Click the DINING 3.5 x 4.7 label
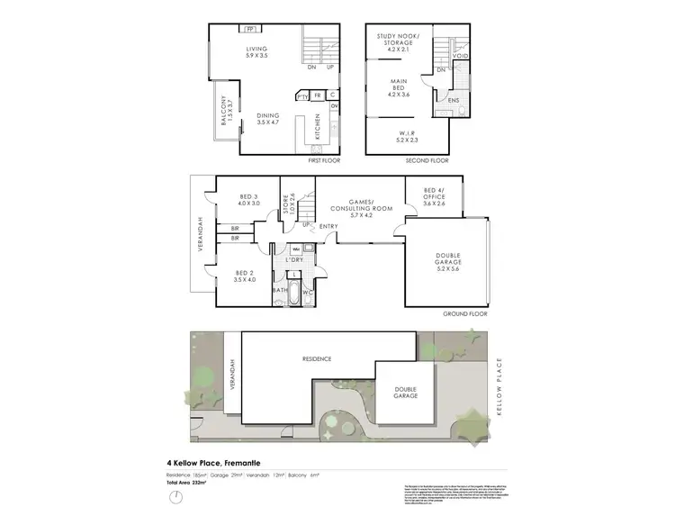tap(267, 119)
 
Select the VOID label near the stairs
tap(460, 56)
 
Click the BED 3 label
tap(249, 200)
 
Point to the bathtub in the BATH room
tap(281, 288)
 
